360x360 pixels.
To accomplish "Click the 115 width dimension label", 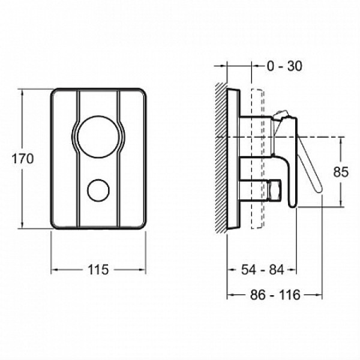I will click(98, 269).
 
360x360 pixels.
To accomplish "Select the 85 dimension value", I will click(341, 172).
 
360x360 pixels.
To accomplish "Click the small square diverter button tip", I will click(276, 190).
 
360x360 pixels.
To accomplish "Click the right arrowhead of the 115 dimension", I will click(143, 269).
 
